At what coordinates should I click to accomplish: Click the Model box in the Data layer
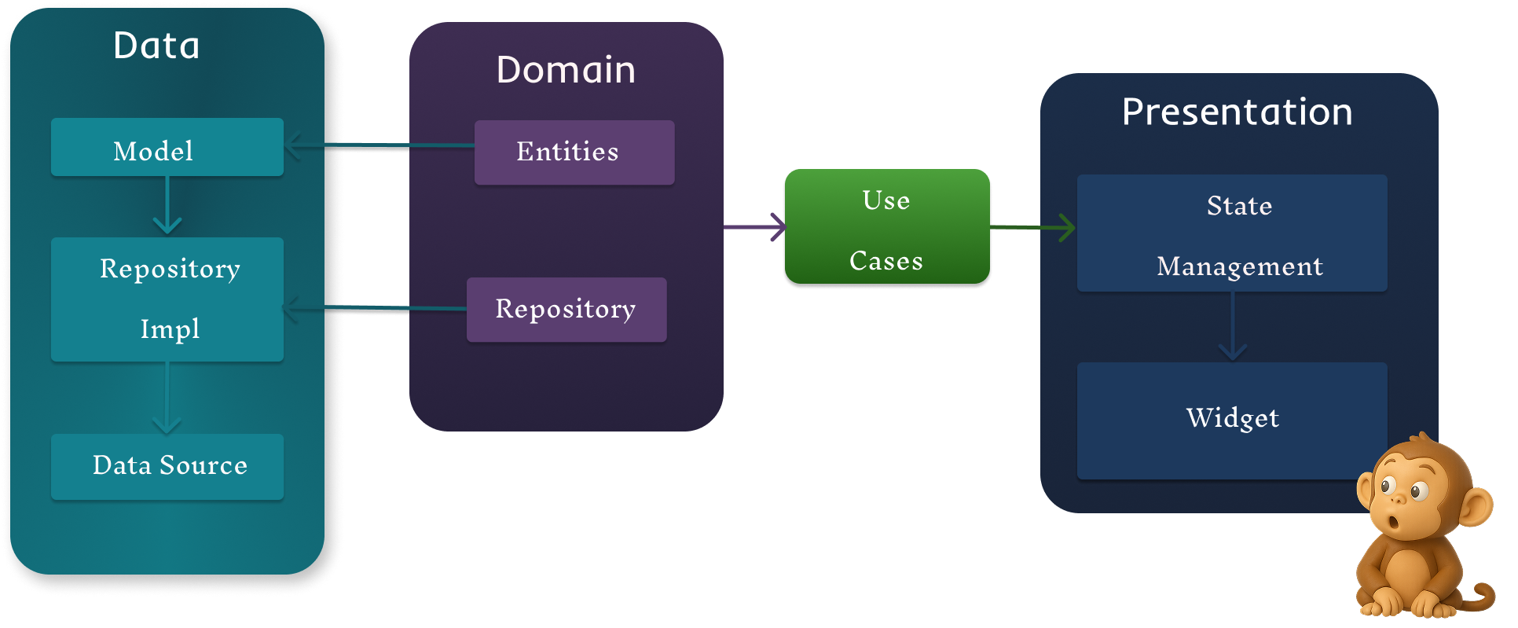click(167, 147)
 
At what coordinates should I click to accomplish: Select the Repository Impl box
click(167, 299)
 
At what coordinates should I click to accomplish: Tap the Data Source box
click(167, 466)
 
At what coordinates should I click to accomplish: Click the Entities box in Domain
click(574, 152)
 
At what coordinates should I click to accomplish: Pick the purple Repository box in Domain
click(566, 310)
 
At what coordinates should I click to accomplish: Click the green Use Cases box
click(886, 227)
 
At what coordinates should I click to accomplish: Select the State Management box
click(1231, 233)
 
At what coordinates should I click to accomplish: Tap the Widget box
click(1231, 420)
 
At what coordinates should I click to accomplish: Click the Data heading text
click(156, 46)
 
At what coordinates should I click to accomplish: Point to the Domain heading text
click(566, 70)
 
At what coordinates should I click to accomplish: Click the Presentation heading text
click(1237, 112)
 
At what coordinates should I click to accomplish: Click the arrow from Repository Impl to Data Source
click(167, 398)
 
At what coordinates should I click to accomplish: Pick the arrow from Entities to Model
click(377, 145)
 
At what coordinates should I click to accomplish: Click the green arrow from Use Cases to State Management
click(1033, 227)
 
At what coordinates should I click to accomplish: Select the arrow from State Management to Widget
click(1233, 326)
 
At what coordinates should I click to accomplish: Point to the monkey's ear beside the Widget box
click(1366, 490)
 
